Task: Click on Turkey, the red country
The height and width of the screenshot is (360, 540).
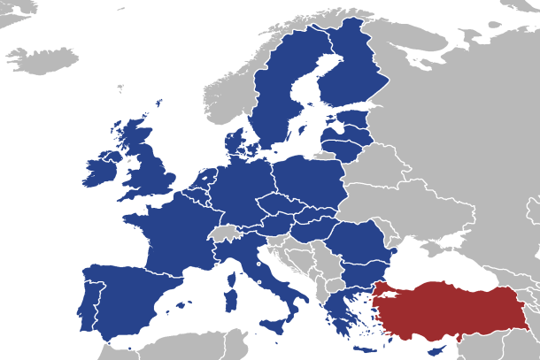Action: point(443,310)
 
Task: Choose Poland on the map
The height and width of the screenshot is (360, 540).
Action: point(310,186)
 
